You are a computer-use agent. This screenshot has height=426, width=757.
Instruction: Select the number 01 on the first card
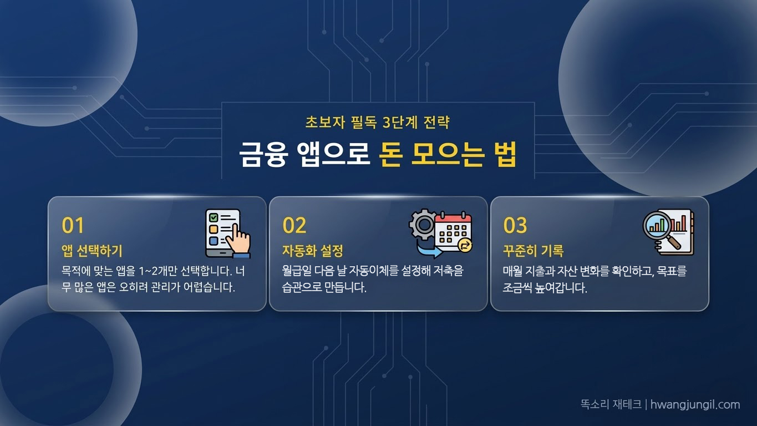73,226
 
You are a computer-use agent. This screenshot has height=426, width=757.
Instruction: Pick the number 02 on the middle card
294,226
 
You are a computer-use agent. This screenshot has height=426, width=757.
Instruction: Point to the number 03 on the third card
515,226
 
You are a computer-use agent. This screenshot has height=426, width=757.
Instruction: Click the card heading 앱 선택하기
92,251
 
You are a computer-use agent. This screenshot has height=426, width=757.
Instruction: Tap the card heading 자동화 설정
313,251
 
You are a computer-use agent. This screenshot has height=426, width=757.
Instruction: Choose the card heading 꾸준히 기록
534,251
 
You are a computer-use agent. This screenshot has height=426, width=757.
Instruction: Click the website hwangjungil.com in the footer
695,404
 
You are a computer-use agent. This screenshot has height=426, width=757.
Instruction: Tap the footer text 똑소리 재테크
611,404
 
